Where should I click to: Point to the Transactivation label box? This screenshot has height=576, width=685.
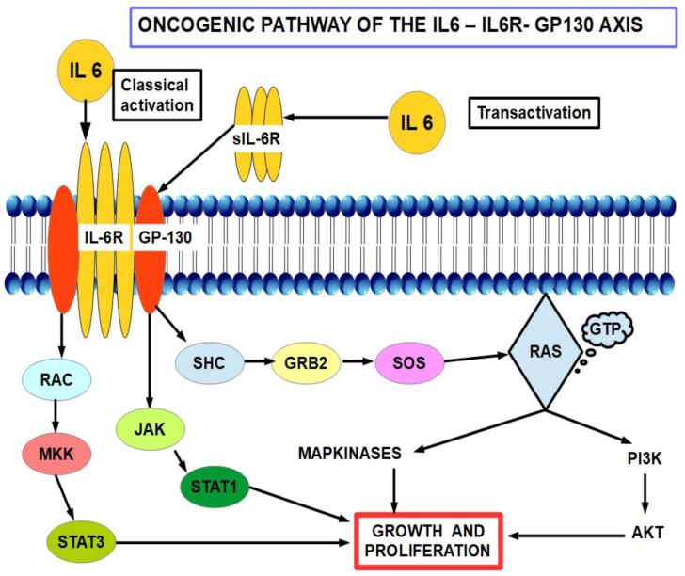click(x=534, y=113)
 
